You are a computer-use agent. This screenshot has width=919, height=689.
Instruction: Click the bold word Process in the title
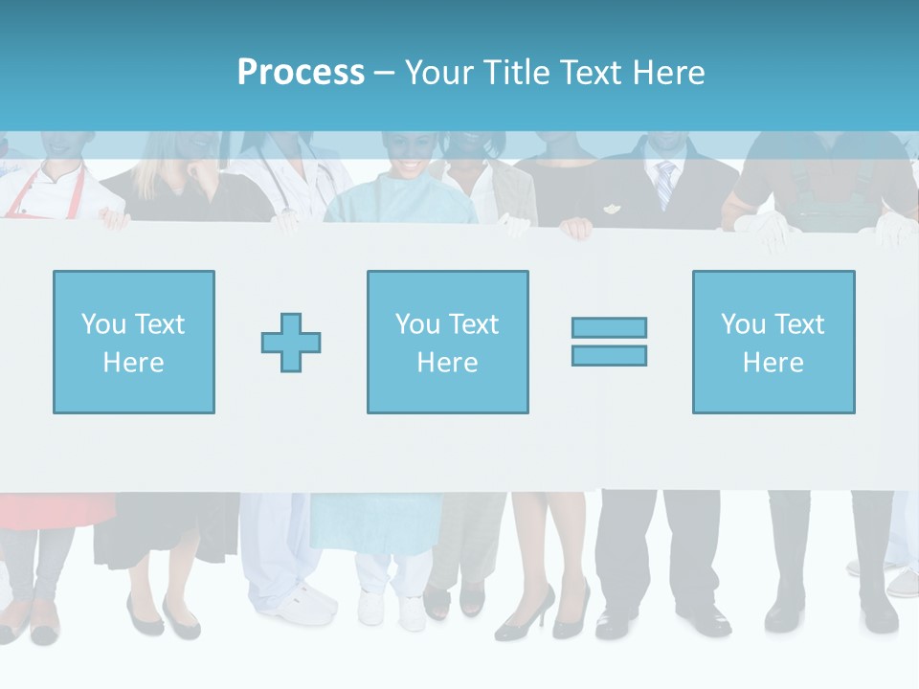(x=301, y=72)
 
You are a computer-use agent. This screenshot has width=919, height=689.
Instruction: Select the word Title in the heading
(x=513, y=72)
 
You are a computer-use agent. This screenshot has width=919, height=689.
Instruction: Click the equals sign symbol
(x=609, y=342)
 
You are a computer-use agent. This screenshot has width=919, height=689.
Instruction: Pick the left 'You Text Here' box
(x=134, y=342)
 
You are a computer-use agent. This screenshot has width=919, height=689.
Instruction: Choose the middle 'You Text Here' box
(x=447, y=342)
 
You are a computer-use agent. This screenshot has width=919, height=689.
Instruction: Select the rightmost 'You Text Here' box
(x=773, y=342)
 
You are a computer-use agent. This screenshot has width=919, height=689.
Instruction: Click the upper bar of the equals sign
(x=609, y=328)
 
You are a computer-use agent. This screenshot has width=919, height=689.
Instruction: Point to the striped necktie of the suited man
(x=664, y=184)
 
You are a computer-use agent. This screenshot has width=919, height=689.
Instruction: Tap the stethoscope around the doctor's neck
(x=325, y=177)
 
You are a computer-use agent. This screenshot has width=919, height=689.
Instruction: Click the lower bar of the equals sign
(x=609, y=355)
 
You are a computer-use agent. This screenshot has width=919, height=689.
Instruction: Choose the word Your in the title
(x=439, y=72)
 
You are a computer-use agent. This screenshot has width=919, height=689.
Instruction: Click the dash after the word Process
(x=384, y=73)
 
